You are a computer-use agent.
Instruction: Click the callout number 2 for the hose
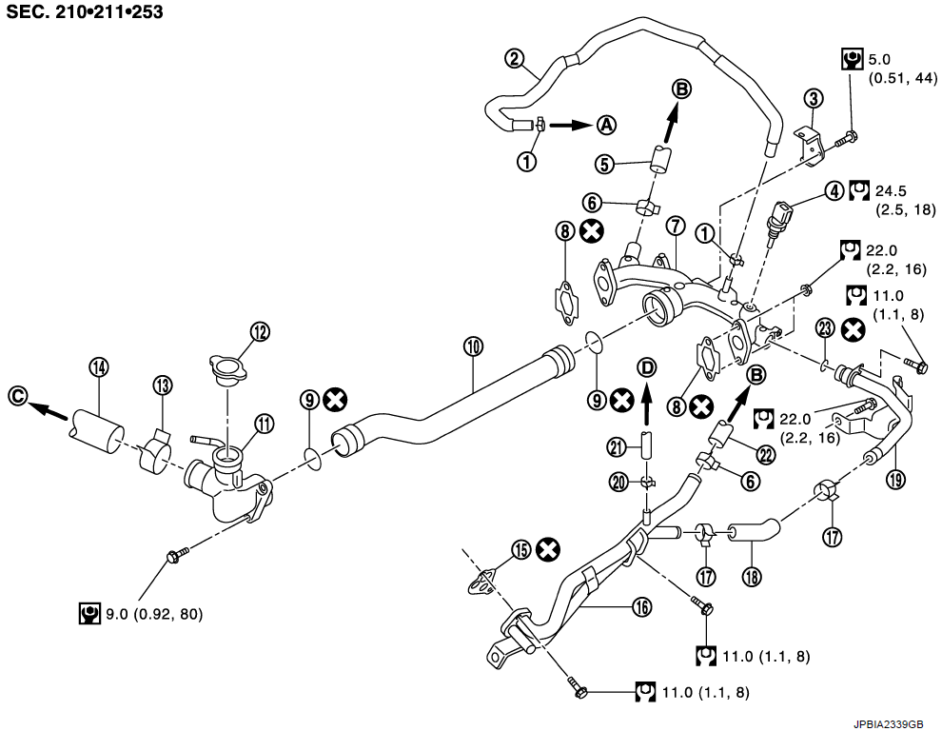(514, 59)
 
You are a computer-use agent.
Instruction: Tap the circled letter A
(606, 124)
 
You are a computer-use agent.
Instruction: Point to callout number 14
(98, 366)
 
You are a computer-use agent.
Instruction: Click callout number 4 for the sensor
(834, 190)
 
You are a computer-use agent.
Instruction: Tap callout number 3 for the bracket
(812, 97)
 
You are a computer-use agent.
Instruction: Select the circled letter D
(646, 366)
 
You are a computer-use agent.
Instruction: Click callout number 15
(520, 549)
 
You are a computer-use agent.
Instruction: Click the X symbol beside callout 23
(854, 329)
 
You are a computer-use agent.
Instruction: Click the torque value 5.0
(879, 59)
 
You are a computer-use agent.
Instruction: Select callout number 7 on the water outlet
(676, 227)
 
